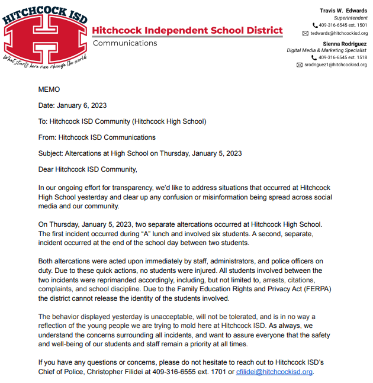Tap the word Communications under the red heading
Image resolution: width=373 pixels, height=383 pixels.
click(x=126, y=43)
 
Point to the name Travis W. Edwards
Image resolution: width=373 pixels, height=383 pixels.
click(x=345, y=10)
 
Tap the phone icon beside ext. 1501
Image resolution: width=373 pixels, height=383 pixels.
click(x=315, y=25)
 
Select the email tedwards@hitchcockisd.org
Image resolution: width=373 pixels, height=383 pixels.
click(x=339, y=34)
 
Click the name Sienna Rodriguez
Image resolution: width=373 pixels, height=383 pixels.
click(x=345, y=44)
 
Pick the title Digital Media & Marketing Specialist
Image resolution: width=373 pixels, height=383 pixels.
click(x=332, y=51)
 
